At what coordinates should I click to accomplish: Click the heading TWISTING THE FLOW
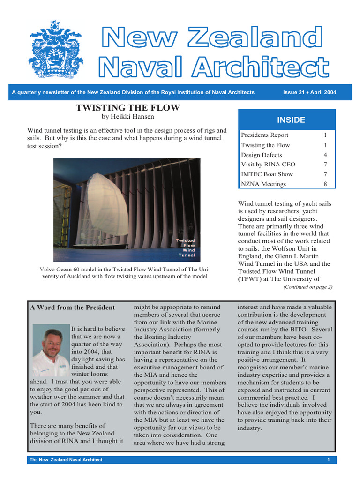tap(127, 108)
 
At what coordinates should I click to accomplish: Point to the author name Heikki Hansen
tap(127, 117)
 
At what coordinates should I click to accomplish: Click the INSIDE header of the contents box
tap(291, 120)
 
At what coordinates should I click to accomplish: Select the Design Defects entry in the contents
tap(262, 155)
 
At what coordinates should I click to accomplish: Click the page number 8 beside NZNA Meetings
tap(325, 184)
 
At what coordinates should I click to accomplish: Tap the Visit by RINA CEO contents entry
tap(268, 165)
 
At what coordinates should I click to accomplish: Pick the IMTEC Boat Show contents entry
tap(267, 174)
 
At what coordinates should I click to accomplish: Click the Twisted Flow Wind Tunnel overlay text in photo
tap(185, 248)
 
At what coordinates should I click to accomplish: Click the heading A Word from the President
tap(73, 307)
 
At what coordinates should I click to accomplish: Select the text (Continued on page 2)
tap(308, 287)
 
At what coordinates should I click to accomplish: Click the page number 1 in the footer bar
tap(329, 460)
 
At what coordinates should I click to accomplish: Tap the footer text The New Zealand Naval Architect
tap(66, 460)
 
